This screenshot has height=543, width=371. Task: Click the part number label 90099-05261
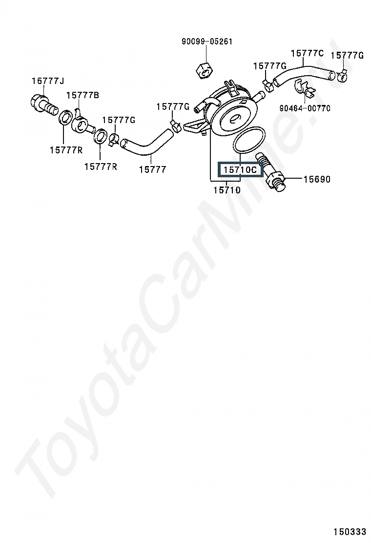pos(206,42)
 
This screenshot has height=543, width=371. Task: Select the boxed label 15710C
pos(240,169)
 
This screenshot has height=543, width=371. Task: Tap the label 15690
pos(317,179)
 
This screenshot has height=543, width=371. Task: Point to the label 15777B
pos(82,95)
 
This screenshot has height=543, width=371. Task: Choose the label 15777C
pos(307,53)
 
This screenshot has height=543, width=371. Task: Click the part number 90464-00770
pos(305,108)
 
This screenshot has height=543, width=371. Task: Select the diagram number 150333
pos(350,531)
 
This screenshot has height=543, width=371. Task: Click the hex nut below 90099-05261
pos(204,70)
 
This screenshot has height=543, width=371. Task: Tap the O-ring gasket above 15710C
pos(249,140)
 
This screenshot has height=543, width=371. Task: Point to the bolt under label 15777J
pos(43,104)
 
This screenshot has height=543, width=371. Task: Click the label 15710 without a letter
pos(227,190)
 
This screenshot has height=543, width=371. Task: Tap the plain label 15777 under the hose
pos(152,169)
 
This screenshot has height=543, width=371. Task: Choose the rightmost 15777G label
pos(347,56)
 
